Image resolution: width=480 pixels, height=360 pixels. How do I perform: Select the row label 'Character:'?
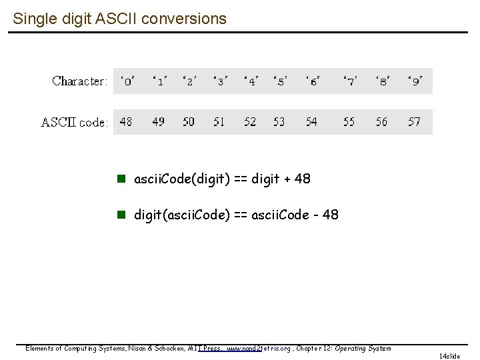(79, 81)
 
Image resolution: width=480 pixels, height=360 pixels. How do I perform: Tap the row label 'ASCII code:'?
(75, 122)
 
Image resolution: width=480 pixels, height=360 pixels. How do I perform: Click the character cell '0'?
(127, 81)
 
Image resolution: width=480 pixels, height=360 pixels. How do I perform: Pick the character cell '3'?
(220, 81)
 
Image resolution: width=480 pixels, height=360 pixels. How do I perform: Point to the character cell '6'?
(312, 81)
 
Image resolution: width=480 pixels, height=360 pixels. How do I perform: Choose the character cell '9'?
(415, 81)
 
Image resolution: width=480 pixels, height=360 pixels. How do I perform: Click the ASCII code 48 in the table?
(126, 122)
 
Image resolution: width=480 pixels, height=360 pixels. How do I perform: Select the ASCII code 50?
(189, 122)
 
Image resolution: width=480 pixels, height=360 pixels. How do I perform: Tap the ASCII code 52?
(250, 122)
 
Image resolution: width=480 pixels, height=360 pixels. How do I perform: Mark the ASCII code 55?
(349, 122)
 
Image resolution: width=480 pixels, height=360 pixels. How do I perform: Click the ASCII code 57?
(414, 122)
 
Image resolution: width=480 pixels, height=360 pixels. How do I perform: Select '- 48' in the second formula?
(325, 215)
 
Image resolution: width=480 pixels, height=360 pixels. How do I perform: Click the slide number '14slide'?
(449, 356)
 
